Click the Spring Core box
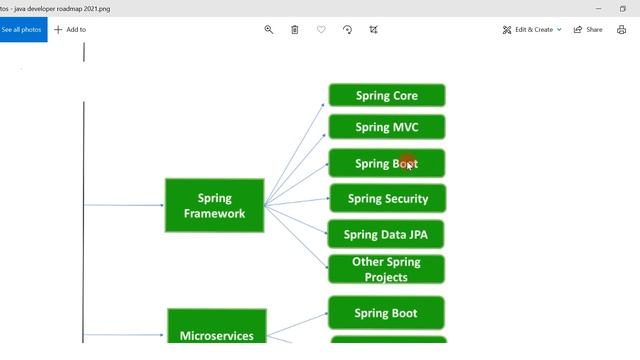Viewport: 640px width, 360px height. [x=386, y=96]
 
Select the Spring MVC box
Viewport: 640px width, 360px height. [x=386, y=127]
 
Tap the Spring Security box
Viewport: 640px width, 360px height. [x=387, y=199]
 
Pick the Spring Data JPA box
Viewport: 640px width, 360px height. [x=386, y=235]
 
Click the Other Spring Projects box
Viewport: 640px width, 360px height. [x=386, y=269]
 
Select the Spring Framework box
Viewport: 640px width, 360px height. [x=214, y=206]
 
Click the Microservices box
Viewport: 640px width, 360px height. [x=216, y=330]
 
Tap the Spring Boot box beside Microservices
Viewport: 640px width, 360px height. [x=386, y=313]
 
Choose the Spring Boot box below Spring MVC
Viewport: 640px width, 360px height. [x=386, y=163]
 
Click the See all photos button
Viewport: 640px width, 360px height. [x=21, y=30]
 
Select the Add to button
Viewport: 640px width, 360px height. [x=70, y=30]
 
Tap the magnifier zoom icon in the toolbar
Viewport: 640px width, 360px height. [x=269, y=30]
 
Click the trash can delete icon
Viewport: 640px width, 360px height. [x=295, y=30]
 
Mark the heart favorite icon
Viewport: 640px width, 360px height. [x=321, y=30]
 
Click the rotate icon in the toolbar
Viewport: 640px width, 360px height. [x=347, y=30]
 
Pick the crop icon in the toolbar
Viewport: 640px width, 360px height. [x=373, y=30]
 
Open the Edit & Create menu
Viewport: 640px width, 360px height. [x=532, y=30]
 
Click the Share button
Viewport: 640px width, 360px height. [x=588, y=30]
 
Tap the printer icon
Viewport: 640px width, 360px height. [x=621, y=30]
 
